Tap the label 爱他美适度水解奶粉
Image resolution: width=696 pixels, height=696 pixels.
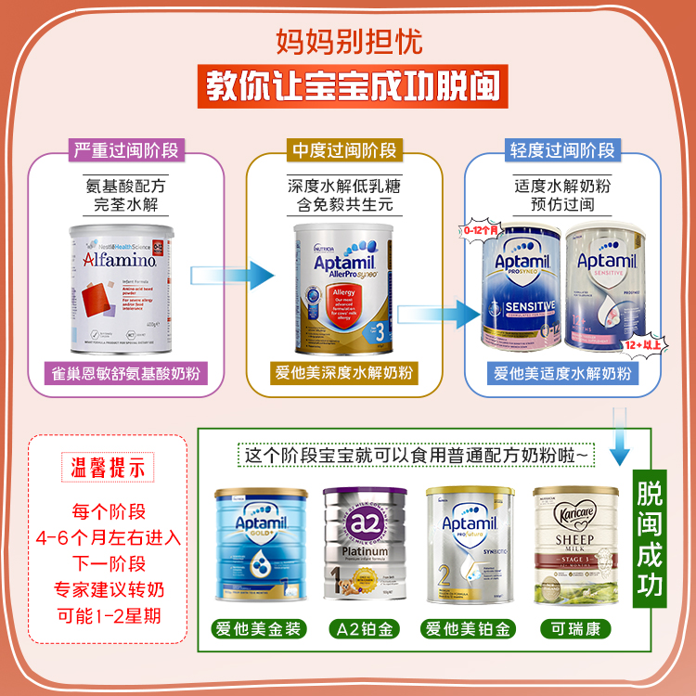(562, 374)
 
